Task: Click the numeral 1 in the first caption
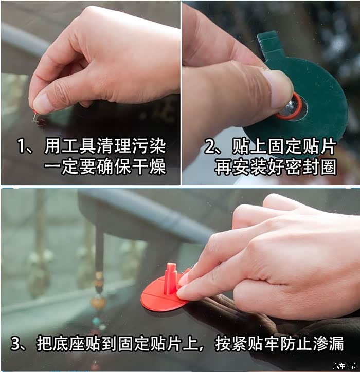pos(21,146)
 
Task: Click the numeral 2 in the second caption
pos(209,146)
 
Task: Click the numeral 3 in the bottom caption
pos(15,343)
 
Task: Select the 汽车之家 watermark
pos(345,366)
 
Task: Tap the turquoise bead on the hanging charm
pos(96,322)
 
